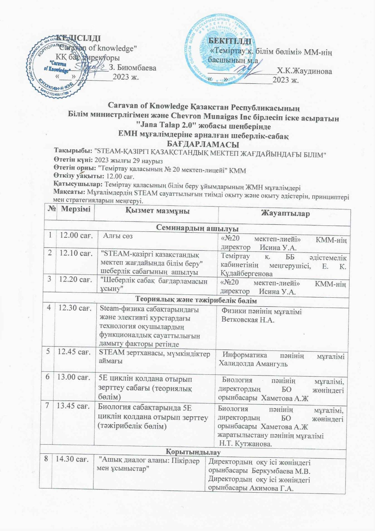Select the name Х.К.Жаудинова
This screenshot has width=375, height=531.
[304, 71]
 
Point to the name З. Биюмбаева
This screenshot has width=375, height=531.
[133, 68]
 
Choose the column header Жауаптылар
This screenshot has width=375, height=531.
[285, 213]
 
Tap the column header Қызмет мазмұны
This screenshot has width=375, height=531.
[157, 211]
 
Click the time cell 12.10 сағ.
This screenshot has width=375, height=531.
[76, 253]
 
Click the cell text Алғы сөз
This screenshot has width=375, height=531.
[118, 236]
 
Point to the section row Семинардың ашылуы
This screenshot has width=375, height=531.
[197, 228]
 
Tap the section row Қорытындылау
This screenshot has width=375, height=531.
[193, 452]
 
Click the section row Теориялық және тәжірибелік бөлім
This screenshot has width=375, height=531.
[196, 300]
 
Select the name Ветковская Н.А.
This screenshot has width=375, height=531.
[248, 320]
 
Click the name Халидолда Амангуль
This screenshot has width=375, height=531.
[253, 363]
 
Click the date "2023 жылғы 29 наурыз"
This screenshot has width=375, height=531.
[129, 161]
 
